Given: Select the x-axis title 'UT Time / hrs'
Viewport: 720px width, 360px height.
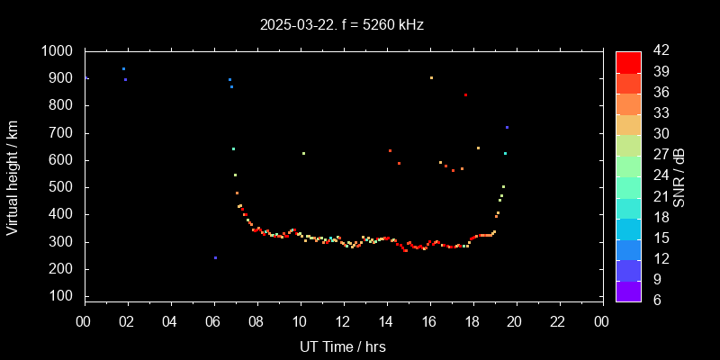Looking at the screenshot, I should tap(343, 346).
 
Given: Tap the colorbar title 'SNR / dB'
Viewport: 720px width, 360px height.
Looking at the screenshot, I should tap(679, 175).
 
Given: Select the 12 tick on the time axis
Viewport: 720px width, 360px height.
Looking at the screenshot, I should tap(343, 321).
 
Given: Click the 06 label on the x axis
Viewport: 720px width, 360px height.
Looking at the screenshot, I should tap(213, 321).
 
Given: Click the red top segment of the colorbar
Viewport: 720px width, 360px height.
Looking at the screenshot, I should tap(628, 61).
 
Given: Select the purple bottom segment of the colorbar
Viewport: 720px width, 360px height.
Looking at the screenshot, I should tap(628, 290).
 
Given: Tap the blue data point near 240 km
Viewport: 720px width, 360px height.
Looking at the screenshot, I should tap(215, 257).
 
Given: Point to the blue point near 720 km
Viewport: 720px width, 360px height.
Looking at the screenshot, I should tap(507, 127).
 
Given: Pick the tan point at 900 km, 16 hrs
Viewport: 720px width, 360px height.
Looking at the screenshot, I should tap(431, 77).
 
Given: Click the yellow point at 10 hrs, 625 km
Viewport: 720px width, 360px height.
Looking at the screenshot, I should tap(303, 153).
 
